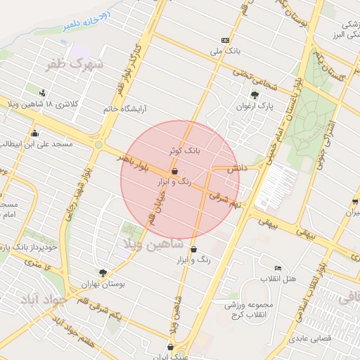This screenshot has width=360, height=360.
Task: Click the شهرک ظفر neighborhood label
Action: pos(74,64)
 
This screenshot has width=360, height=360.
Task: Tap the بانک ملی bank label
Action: pos(225,51)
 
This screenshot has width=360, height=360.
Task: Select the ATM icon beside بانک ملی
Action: pos(225,40)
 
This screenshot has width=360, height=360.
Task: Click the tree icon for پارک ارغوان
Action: pos(255,95)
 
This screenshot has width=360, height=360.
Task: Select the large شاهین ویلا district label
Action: pos(153,243)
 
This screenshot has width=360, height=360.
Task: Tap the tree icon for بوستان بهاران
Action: pos(103,272)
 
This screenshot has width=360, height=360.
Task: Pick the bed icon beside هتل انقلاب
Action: pos(278,268)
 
